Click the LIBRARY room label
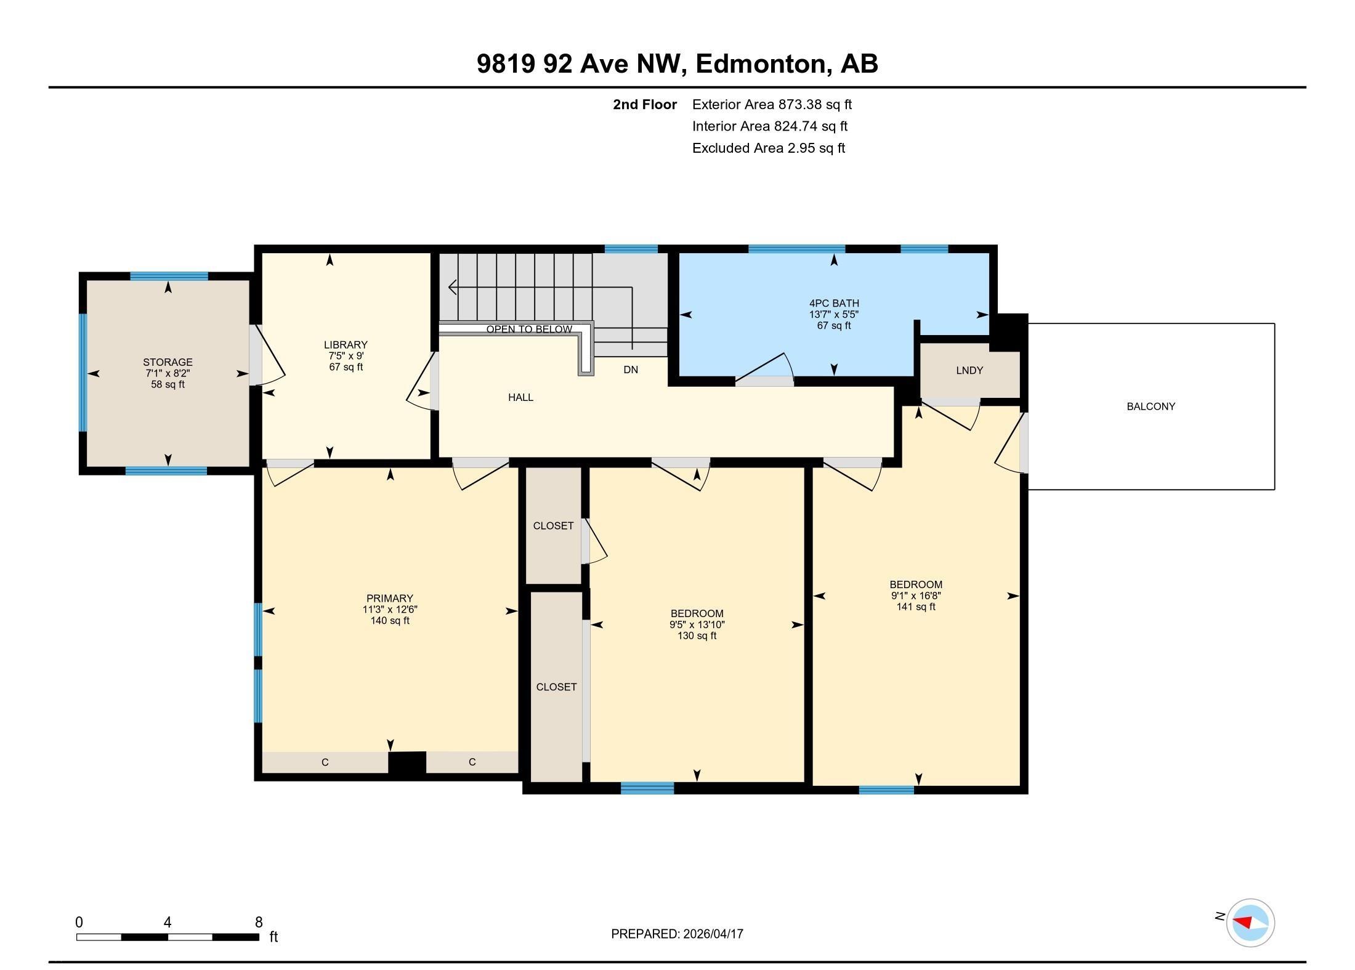click(x=346, y=345)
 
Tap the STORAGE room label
click(x=168, y=362)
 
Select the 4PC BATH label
click(x=834, y=303)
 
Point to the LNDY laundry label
click(x=969, y=370)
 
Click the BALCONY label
click(x=1151, y=406)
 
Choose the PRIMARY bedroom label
click(x=389, y=598)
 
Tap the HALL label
click(x=520, y=397)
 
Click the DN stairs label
click(x=631, y=370)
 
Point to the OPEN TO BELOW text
click(x=529, y=329)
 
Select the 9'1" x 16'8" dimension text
click(x=916, y=596)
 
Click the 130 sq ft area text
click(x=697, y=636)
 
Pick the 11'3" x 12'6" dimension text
click(x=390, y=609)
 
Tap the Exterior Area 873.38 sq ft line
click(x=772, y=105)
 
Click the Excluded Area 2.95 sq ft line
click(x=769, y=148)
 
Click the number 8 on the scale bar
click(x=259, y=922)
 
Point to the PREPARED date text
click(x=677, y=934)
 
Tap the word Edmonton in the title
click(x=761, y=63)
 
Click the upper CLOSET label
click(x=553, y=525)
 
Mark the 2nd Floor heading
click(x=645, y=105)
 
